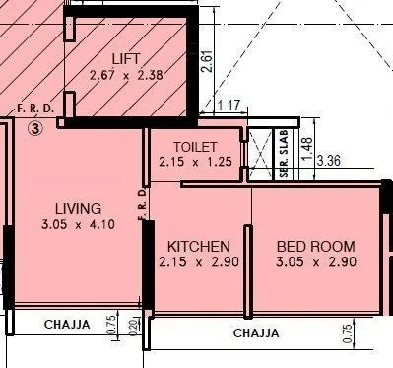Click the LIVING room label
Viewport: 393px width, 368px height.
point(78,208)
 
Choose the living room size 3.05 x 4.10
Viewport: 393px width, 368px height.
point(78,225)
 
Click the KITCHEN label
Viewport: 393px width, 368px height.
point(199,246)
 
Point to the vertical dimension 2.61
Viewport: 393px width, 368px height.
point(206,62)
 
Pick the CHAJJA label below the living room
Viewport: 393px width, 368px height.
point(67,324)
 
